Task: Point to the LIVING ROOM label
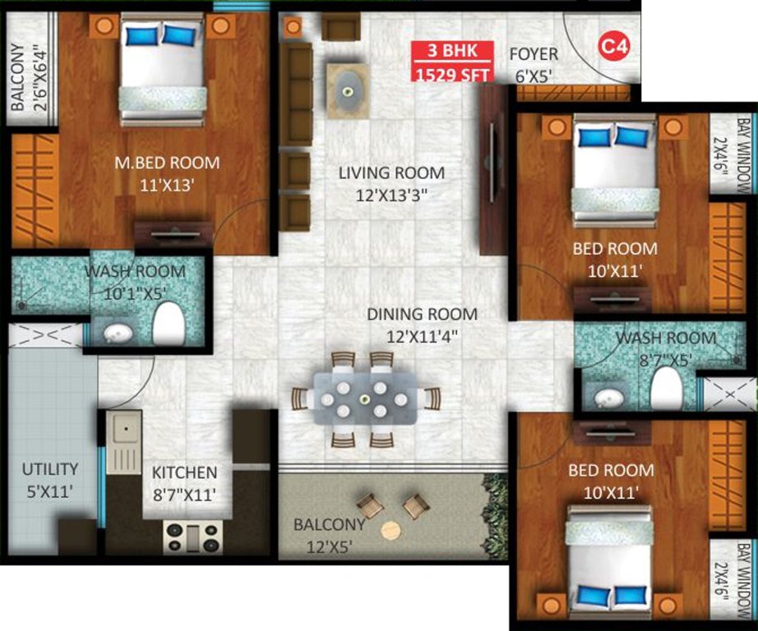(x=392, y=184)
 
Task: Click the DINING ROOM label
(x=422, y=325)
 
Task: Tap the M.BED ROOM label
(x=167, y=173)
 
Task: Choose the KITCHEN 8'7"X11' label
(x=184, y=483)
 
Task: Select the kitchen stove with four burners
(x=193, y=537)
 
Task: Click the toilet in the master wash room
(x=168, y=323)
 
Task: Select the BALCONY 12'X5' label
(x=330, y=534)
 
